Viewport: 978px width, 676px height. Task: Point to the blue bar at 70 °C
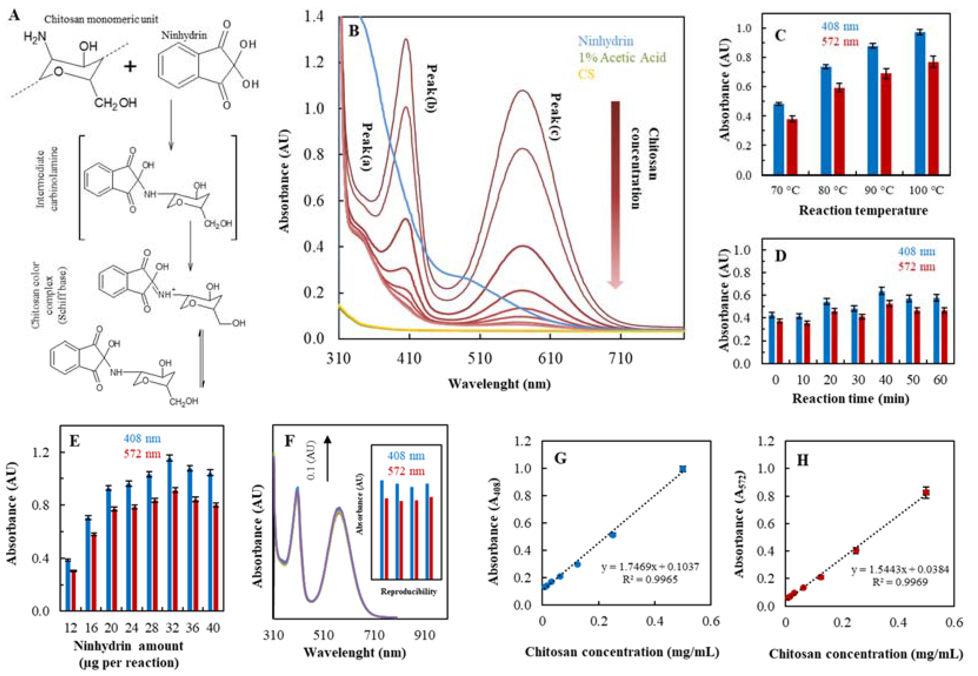pos(779,139)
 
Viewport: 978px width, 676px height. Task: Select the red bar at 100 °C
pos(933,118)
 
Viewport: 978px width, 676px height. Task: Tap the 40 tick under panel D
pos(886,380)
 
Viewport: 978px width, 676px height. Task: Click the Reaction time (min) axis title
pos(850,398)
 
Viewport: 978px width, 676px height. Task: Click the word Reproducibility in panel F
pos(408,591)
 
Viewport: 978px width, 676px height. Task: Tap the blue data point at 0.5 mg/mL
pos(683,469)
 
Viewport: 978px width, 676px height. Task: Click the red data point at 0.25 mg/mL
pos(856,551)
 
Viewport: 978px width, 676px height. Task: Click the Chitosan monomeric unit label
pos(101,19)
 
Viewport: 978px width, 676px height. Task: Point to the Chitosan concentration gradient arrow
pos(615,195)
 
